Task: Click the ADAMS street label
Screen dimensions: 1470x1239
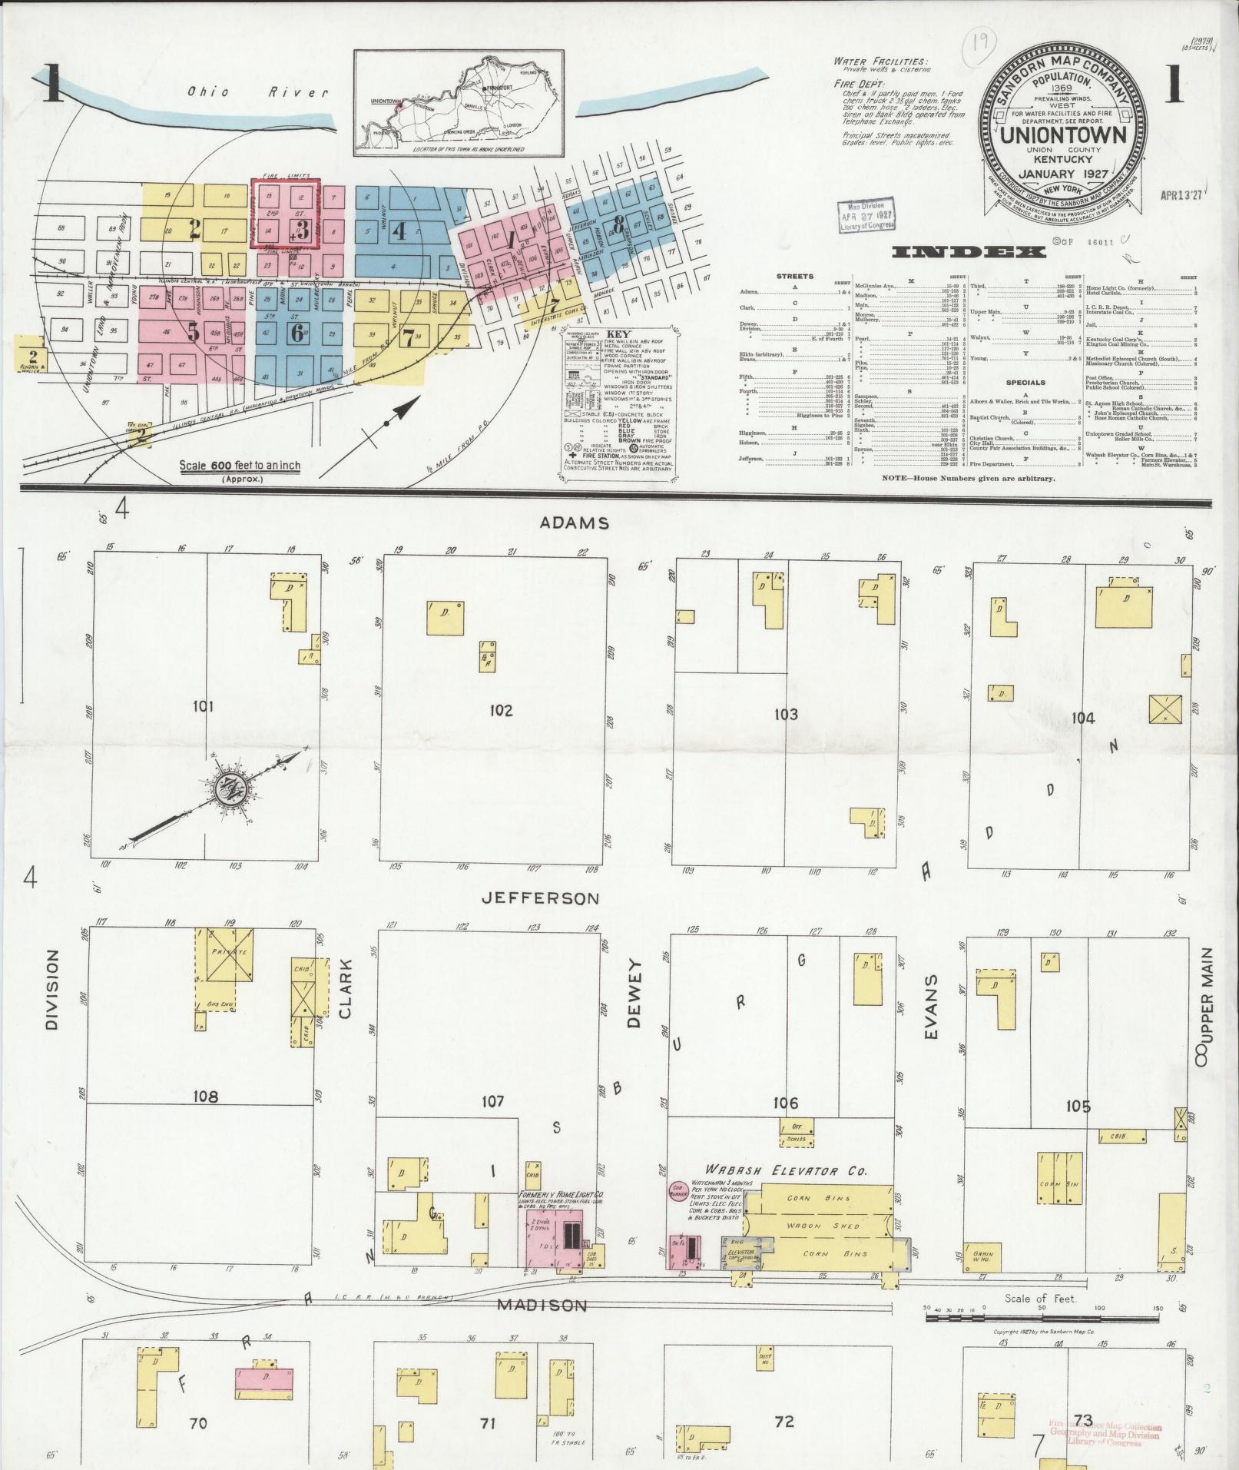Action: coord(575,523)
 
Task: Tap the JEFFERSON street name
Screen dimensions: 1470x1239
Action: coord(541,898)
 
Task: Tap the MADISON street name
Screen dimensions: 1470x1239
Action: coord(542,1305)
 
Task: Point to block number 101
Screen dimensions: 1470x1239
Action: coord(203,706)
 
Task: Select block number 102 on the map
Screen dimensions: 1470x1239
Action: coord(500,711)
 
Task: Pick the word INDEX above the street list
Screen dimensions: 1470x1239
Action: coord(969,253)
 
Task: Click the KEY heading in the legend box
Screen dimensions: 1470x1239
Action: coord(618,335)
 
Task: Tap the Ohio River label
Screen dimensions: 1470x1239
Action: coord(258,92)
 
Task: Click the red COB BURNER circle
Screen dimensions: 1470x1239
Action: coord(678,1210)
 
